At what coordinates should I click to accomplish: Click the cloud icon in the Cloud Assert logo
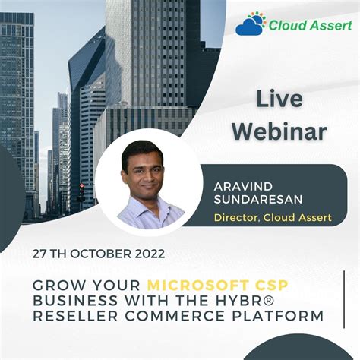[251, 25]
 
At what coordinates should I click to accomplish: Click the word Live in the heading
[279, 99]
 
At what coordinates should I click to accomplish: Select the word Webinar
[279, 131]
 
